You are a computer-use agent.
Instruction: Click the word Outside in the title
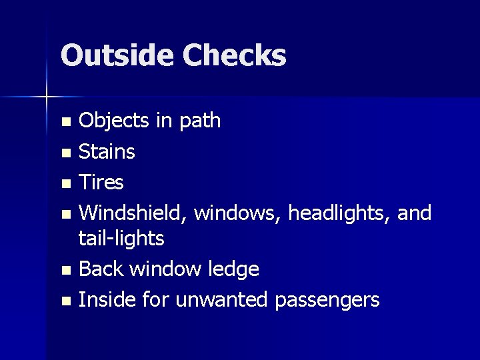click(x=116, y=56)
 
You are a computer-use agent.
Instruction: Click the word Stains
click(x=107, y=151)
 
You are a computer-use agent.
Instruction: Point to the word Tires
click(x=101, y=182)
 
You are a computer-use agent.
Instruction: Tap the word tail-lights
click(x=121, y=238)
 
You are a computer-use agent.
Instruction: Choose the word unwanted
click(x=223, y=300)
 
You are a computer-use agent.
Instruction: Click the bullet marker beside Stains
click(x=65, y=153)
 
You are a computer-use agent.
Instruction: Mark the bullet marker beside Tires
click(x=65, y=183)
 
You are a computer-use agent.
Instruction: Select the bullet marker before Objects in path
click(x=65, y=122)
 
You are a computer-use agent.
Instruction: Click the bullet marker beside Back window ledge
click(x=65, y=271)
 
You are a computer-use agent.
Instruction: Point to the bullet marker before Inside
click(x=65, y=301)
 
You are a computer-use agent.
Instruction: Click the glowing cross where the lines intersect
click(x=47, y=97)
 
